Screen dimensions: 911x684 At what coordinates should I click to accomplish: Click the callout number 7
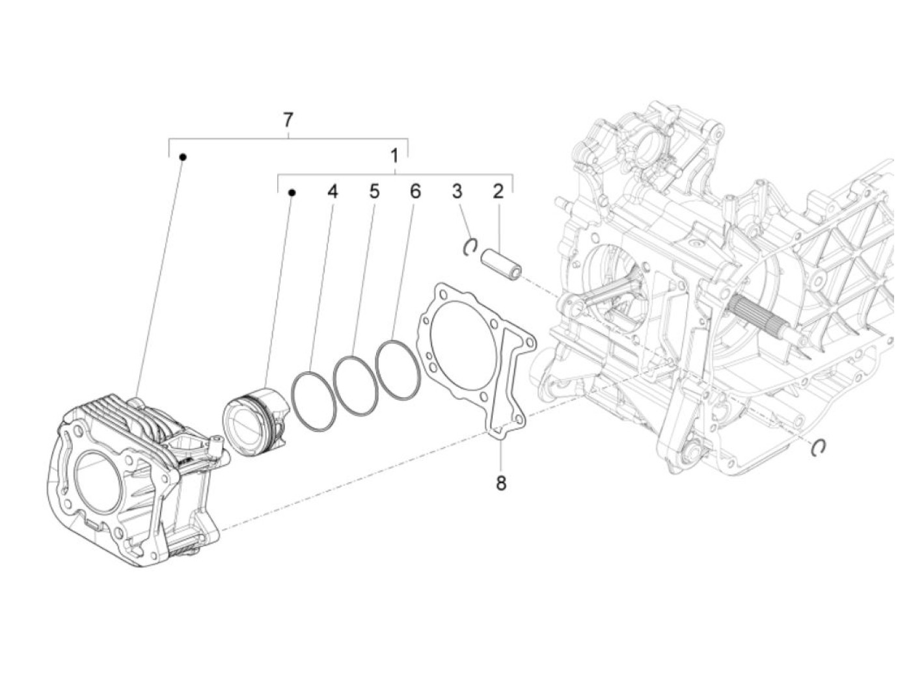tap(288, 120)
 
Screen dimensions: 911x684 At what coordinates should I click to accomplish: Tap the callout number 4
tap(333, 192)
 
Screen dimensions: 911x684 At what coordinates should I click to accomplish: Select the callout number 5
tap(374, 192)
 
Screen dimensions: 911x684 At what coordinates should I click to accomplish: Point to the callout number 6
tap(415, 192)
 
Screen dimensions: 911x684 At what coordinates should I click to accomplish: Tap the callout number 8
tap(501, 484)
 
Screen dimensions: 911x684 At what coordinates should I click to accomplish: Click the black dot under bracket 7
tap(184, 157)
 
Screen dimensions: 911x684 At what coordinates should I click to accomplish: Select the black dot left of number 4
tap(292, 192)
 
